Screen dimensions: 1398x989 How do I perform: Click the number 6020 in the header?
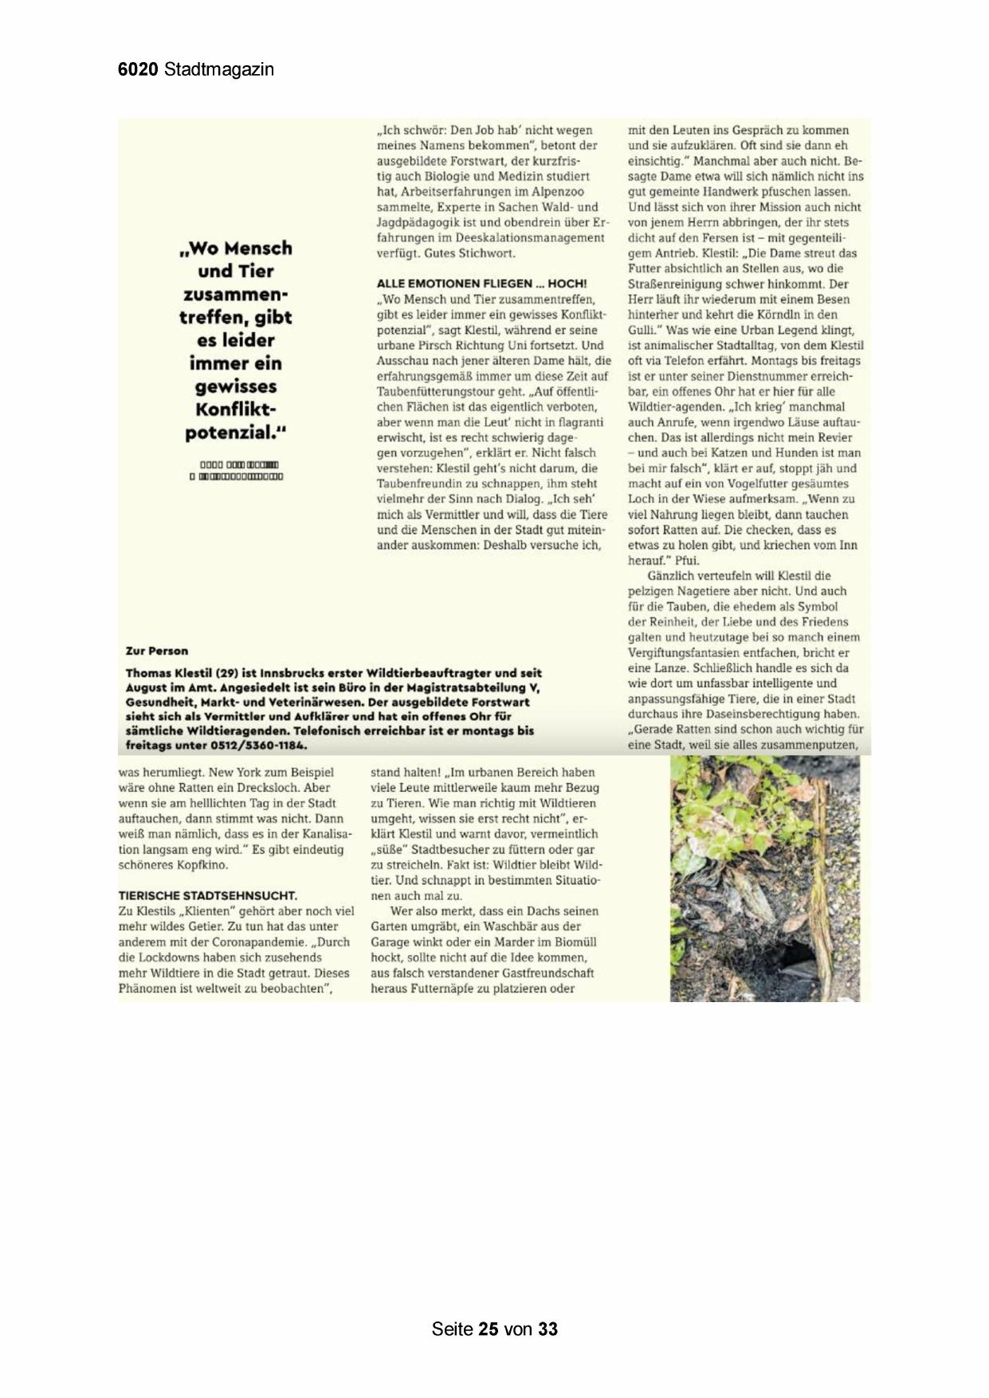coord(139,69)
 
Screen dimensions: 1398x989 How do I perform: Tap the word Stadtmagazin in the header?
coord(219,69)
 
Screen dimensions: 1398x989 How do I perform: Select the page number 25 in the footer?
coord(489,1329)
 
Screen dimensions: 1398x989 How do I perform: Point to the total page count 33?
coord(547,1329)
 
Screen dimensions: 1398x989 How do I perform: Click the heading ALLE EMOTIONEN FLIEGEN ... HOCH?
coord(481,284)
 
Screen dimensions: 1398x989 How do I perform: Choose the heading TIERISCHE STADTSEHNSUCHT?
coord(207,895)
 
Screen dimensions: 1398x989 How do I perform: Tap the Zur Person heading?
coord(157,651)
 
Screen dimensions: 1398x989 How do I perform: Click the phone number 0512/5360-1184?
coord(259,746)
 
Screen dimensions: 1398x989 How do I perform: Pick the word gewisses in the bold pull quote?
coord(235,386)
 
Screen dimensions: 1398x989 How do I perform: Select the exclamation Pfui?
coord(686,561)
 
